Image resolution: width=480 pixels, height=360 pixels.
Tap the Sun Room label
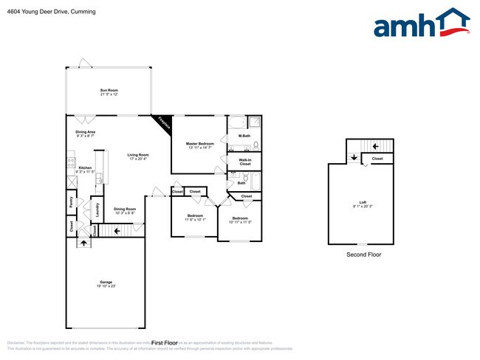109,90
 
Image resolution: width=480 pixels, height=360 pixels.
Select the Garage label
106,281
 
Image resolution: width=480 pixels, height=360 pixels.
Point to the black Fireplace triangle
163,122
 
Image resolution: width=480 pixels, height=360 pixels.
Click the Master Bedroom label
199,143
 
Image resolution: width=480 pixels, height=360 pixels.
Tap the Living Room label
138,154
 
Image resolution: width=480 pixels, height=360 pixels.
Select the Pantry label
71,201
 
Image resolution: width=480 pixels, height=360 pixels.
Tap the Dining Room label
125,209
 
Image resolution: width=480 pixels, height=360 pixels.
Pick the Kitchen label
86,167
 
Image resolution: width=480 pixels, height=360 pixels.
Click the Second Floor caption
363,255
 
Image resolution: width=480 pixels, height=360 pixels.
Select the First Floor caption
165,342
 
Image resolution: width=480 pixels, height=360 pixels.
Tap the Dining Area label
85,132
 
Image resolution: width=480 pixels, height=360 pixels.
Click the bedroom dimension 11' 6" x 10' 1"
189,219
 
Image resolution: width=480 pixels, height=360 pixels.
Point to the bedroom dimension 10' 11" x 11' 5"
241,222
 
